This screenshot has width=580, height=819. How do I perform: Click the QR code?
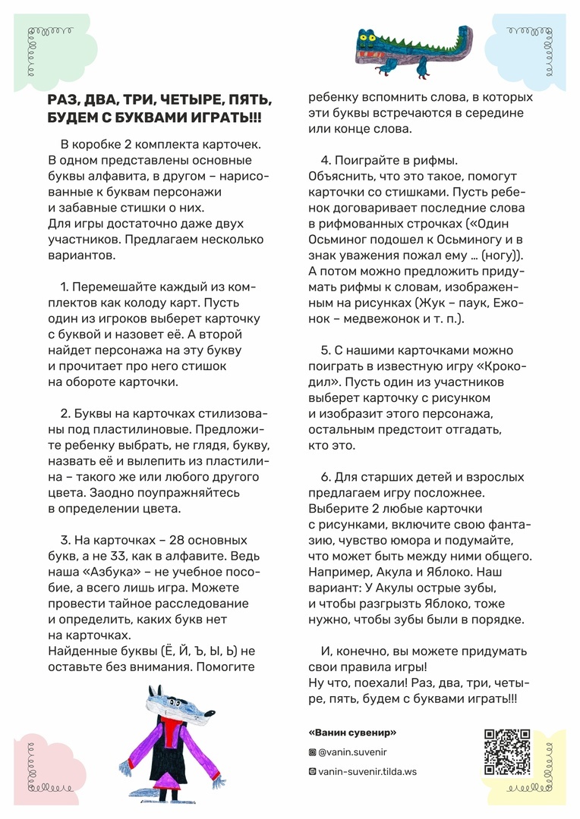[507, 752]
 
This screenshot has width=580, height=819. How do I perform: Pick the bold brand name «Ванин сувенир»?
[353, 733]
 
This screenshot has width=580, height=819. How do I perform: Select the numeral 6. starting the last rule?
[326, 477]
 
